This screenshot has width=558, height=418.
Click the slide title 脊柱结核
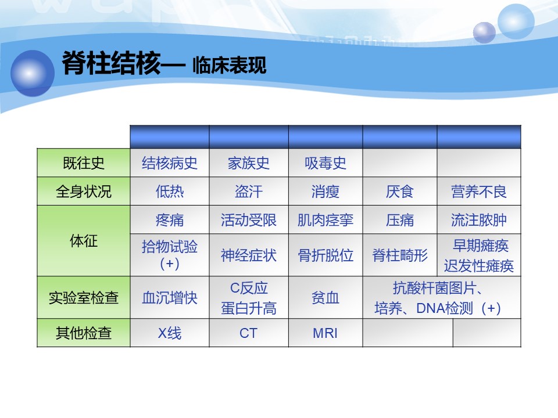112,63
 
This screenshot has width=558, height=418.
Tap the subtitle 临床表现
229,66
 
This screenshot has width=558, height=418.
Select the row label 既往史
84,163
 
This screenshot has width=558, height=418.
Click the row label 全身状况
84,192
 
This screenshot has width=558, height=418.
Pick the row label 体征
84,240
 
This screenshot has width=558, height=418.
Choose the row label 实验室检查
84,297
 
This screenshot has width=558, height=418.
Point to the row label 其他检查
84,333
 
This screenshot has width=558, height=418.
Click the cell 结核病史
170,163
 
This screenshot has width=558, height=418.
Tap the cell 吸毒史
325,163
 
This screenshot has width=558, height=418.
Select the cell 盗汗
249,192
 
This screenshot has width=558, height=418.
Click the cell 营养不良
478,192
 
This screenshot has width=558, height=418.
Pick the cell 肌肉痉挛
325,220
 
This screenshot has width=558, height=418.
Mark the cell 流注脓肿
478,220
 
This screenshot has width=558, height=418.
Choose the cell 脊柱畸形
400,255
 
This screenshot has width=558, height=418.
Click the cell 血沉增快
170,297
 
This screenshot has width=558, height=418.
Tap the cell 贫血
325,297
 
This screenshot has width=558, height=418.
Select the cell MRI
325,333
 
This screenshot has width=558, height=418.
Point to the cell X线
170,333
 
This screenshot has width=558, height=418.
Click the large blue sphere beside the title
33,73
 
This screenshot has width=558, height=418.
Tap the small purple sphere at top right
484,33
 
